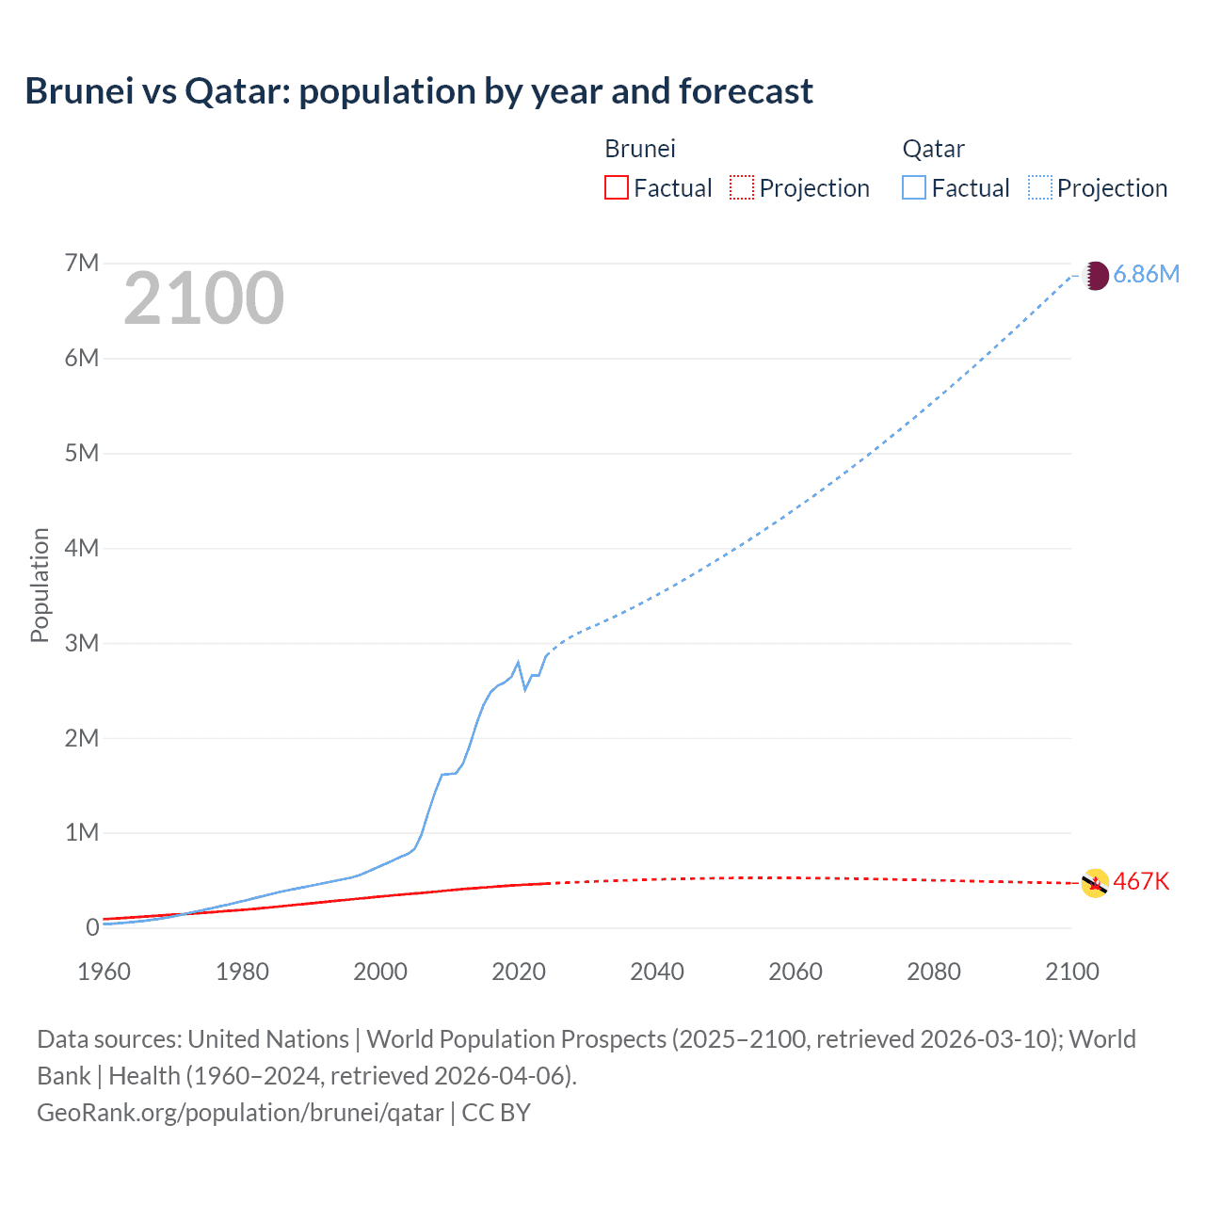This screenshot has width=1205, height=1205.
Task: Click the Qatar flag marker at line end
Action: [1095, 276]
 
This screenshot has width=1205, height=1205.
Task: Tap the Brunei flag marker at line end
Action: [1095, 883]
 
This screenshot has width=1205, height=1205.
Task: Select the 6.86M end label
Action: [1146, 274]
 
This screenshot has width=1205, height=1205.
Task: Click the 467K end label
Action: [1141, 882]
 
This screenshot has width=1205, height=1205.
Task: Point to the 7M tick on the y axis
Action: [82, 263]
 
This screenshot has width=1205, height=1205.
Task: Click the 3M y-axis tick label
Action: [82, 643]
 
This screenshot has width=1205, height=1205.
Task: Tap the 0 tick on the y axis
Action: [92, 927]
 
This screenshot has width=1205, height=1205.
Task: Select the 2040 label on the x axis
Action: [656, 972]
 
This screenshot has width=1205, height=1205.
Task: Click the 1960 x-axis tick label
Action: [104, 972]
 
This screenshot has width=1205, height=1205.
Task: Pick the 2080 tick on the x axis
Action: [933, 972]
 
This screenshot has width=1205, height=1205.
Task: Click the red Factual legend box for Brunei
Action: [616, 187]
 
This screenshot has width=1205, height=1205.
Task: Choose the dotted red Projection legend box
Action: [742, 187]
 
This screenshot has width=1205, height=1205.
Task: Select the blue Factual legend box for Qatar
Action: [914, 187]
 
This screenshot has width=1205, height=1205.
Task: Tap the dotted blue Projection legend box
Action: [1040, 187]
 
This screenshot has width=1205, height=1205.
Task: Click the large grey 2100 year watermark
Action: [203, 298]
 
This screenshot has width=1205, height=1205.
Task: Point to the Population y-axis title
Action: [40, 585]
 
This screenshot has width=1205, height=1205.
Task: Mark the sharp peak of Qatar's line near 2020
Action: [518, 662]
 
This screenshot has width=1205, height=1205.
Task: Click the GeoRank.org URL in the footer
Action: [240, 1113]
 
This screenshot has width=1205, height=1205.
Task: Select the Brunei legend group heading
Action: [640, 149]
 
